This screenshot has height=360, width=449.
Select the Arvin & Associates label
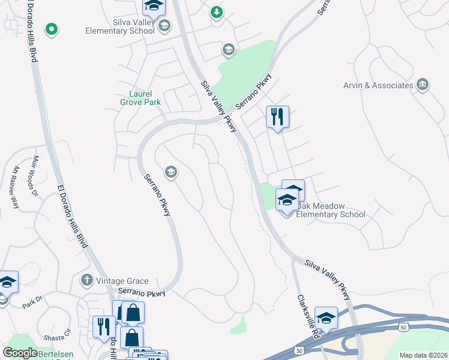point(378,85)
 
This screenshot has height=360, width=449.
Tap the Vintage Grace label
point(122,280)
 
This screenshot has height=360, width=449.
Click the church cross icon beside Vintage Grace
point(87,280)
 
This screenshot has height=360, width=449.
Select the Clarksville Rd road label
point(307,317)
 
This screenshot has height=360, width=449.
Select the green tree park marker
point(216,11)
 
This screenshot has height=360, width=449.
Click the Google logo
point(20,353)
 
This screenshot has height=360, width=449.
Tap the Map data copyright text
point(423,355)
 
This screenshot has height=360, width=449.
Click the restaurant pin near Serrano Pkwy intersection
point(277,116)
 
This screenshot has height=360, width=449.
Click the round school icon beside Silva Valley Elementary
point(164,25)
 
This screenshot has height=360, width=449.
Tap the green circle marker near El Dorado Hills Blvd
point(52,28)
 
